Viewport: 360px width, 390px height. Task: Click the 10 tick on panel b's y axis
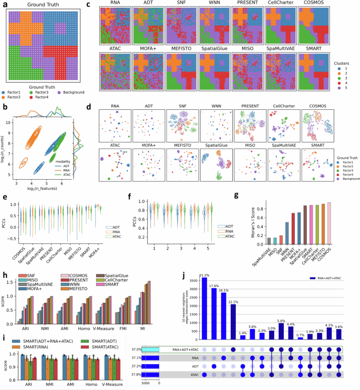(8, 122)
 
